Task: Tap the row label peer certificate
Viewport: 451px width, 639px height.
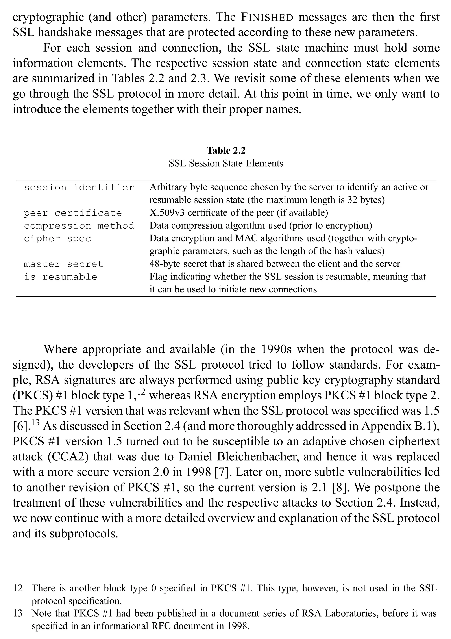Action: pyautogui.click(x=73, y=213)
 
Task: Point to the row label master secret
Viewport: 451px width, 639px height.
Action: pyautogui.click(x=63, y=264)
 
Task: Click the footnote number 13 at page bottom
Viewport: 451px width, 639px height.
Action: pyautogui.click(x=18, y=613)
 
